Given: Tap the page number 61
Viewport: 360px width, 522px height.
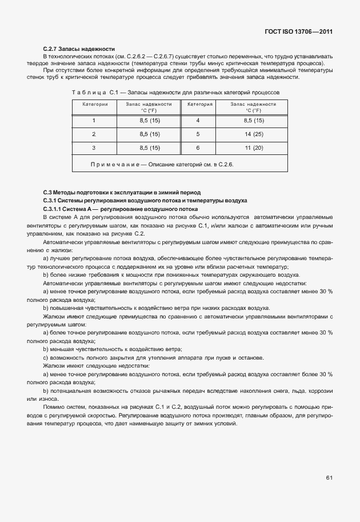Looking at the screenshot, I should [330, 477].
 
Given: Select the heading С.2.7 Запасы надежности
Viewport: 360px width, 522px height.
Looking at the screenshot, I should [79, 49].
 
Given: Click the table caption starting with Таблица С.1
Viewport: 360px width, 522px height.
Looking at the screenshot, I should [175, 91].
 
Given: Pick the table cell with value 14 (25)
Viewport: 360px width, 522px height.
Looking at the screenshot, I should [253, 134].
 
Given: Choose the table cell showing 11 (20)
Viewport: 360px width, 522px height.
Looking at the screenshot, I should [253, 148].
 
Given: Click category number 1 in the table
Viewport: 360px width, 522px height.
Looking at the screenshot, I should [94, 120].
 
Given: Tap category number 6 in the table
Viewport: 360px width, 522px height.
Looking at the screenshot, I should [197, 148].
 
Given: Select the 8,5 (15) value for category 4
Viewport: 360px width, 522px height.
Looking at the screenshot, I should [253, 120].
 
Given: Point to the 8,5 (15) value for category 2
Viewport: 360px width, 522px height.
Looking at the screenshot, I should [149, 134].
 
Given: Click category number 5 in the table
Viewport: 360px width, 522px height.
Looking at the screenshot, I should [197, 134].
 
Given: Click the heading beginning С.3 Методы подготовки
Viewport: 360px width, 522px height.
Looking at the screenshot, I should [122, 192].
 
